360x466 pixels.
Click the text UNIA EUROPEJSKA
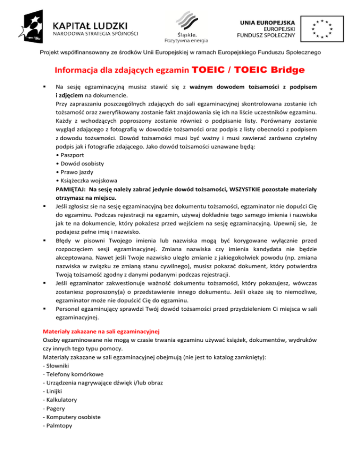(267, 22)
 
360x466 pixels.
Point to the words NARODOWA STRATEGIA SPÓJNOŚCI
(96, 34)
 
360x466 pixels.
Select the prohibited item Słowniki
(54, 366)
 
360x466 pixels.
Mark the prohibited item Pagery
(53, 409)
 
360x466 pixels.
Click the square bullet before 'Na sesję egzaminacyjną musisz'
(44, 87)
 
